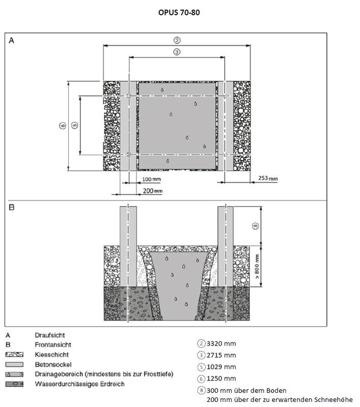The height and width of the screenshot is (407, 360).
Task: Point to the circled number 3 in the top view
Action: [x=177, y=52]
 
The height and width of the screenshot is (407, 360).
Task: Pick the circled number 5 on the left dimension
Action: [x=74, y=125]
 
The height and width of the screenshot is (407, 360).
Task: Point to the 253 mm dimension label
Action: [x=268, y=179]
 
